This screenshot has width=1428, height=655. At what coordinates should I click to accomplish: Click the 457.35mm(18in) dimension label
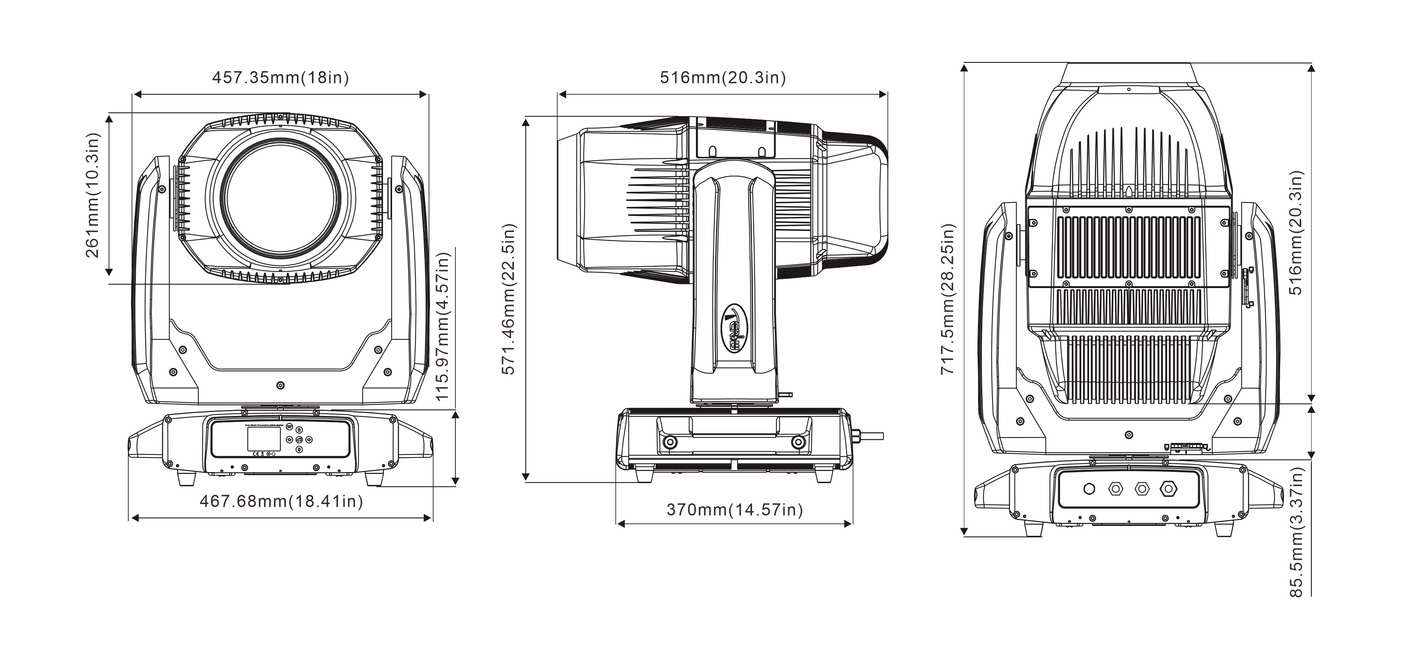(x=281, y=77)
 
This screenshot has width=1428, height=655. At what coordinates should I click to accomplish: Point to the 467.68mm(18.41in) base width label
(x=281, y=502)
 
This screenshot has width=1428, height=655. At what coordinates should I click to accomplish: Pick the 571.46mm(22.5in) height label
(x=509, y=299)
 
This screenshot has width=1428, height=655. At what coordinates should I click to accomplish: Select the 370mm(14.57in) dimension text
(x=735, y=510)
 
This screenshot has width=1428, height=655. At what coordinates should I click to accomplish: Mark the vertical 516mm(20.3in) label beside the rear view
(x=1296, y=233)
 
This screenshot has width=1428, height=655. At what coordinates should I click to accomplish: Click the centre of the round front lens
(x=281, y=198)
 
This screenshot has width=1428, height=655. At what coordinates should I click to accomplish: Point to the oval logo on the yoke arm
(x=735, y=328)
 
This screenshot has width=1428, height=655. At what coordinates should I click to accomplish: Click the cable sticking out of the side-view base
(x=870, y=436)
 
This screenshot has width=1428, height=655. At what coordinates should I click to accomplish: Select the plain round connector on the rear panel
(x=1089, y=489)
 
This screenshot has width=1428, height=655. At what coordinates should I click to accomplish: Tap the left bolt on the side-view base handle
(x=670, y=442)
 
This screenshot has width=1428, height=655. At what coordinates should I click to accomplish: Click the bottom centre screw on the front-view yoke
(x=281, y=385)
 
